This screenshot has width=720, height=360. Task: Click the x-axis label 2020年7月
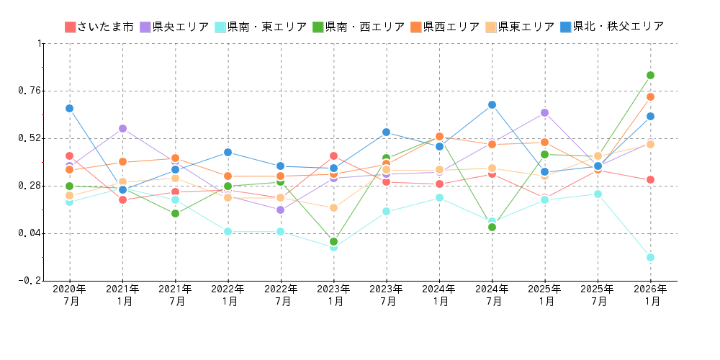pos(70,295)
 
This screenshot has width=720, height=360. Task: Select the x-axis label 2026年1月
pos(651,295)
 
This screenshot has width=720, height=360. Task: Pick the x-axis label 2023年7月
pos(387,295)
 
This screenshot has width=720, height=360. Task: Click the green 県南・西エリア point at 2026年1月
pos(650,75)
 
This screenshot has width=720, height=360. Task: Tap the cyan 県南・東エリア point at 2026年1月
pos(650,257)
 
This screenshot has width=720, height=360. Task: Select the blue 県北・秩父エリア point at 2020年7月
pos(70,108)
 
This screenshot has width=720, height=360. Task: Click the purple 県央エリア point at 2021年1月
pos(122,128)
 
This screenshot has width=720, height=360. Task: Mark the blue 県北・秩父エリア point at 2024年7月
pos(492,104)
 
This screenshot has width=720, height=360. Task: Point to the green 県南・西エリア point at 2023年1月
pos(333,241)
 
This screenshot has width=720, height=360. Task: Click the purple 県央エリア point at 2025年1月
pos(544,112)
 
